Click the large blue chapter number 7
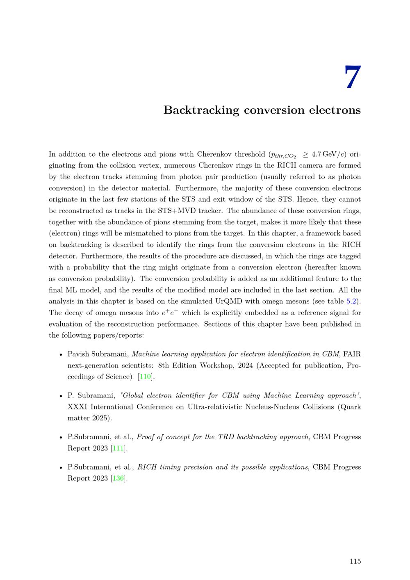352,78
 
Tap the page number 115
355,561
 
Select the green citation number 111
118,448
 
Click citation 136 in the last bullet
118,478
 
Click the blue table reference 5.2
351,301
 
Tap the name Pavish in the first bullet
78,354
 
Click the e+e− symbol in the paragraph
170,313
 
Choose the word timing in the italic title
171,467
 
